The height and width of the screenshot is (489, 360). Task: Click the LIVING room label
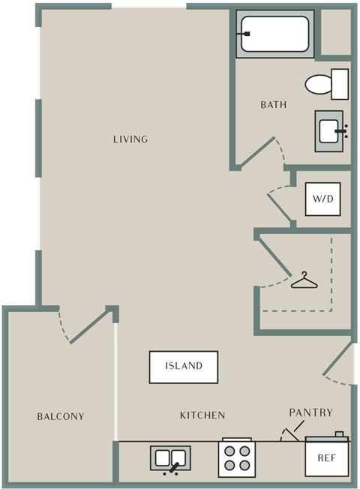pyautogui.click(x=130, y=139)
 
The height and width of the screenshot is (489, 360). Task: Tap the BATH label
pyautogui.click(x=274, y=105)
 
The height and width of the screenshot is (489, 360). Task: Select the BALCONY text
pyautogui.click(x=61, y=416)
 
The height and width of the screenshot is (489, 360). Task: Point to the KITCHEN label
pyautogui.click(x=202, y=415)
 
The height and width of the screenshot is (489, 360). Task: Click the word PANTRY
pyautogui.click(x=310, y=412)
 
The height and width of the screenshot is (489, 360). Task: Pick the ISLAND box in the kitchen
pyautogui.click(x=184, y=367)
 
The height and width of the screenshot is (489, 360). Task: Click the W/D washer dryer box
pyautogui.click(x=323, y=199)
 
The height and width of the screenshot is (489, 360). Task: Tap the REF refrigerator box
pyautogui.click(x=326, y=458)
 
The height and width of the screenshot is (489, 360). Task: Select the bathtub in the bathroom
pyautogui.click(x=274, y=34)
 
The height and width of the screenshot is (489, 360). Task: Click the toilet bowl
pyautogui.click(x=318, y=84)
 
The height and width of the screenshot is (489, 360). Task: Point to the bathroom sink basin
pyautogui.click(x=328, y=131)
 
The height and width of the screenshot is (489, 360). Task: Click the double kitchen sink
pyautogui.click(x=170, y=458)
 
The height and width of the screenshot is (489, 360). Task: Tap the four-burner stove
pyautogui.click(x=237, y=459)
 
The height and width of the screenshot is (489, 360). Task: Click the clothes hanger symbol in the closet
pyautogui.click(x=304, y=280)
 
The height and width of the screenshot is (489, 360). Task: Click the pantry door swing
pyautogui.click(x=289, y=434)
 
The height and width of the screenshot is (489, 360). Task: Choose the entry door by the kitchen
pyautogui.click(x=338, y=358)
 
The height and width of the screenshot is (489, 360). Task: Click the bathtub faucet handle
pyautogui.click(x=247, y=34)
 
